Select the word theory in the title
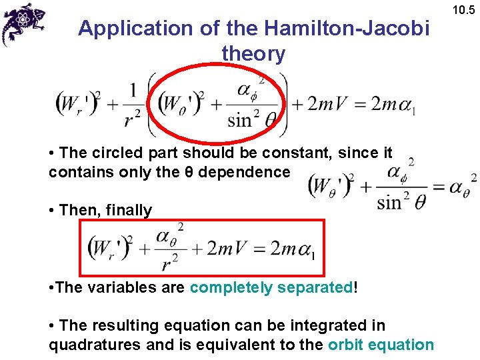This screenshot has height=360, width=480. coord(253,53)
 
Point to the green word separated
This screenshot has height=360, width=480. coord(316,288)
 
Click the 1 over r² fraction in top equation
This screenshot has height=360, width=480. coord(133,104)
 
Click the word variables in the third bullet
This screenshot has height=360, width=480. coord(121,288)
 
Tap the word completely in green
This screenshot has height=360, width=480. coord(231,288)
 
